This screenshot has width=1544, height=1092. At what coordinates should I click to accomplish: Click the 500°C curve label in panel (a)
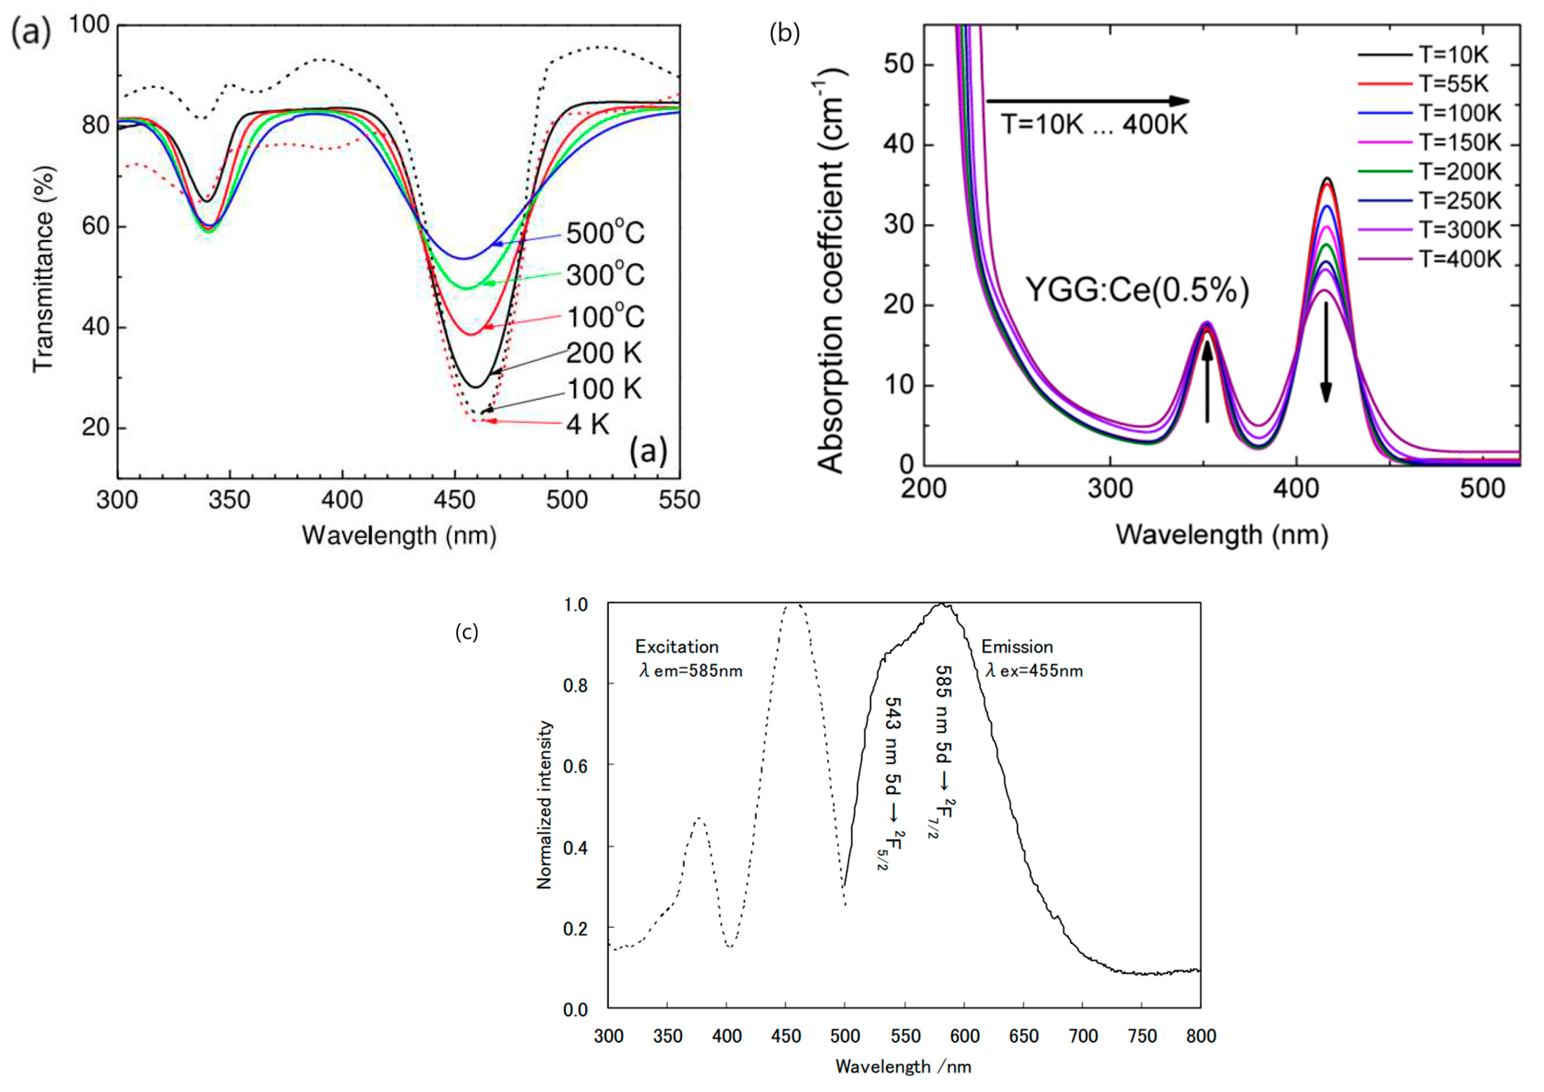[x=605, y=233]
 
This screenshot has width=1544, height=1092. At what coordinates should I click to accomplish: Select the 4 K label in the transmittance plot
[x=588, y=424]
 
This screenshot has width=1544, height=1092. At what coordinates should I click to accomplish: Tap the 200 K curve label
[x=604, y=353]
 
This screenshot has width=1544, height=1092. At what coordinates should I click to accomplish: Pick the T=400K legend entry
[x=1460, y=259]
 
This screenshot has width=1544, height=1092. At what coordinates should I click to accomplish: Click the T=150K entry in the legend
[x=1460, y=143]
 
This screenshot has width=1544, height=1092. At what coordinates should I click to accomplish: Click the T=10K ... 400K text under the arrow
[x=1094, y=125]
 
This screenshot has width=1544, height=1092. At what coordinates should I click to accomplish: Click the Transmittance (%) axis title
[x=43, y=268]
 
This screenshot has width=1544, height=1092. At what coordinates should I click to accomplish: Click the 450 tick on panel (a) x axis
[x=455, y=500]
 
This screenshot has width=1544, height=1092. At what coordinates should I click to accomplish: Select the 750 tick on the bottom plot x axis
[x=1142, y=1036]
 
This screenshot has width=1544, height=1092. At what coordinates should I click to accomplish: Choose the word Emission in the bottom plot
[x=1017, y=647]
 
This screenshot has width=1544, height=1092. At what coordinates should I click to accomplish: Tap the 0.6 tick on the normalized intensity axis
[x=575, y=766]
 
